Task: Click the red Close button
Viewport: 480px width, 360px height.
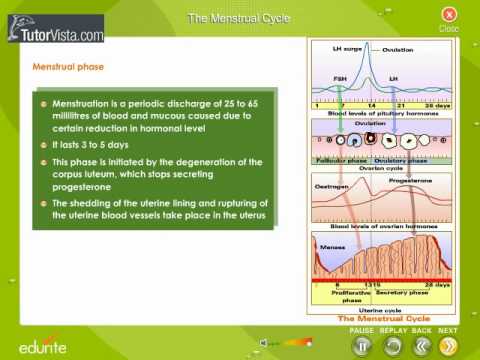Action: (x=449, y=15)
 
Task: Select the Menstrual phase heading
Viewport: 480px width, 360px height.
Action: (x=69, y=67)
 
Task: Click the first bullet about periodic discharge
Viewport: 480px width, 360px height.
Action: (x=44, y=103)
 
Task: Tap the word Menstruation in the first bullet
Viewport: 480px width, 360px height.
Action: (x=83, y=103)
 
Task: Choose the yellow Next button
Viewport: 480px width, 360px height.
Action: (x=449, y=346)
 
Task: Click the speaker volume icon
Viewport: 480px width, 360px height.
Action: (x=265, y=343)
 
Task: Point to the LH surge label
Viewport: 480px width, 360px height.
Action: (x=352, y=48)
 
